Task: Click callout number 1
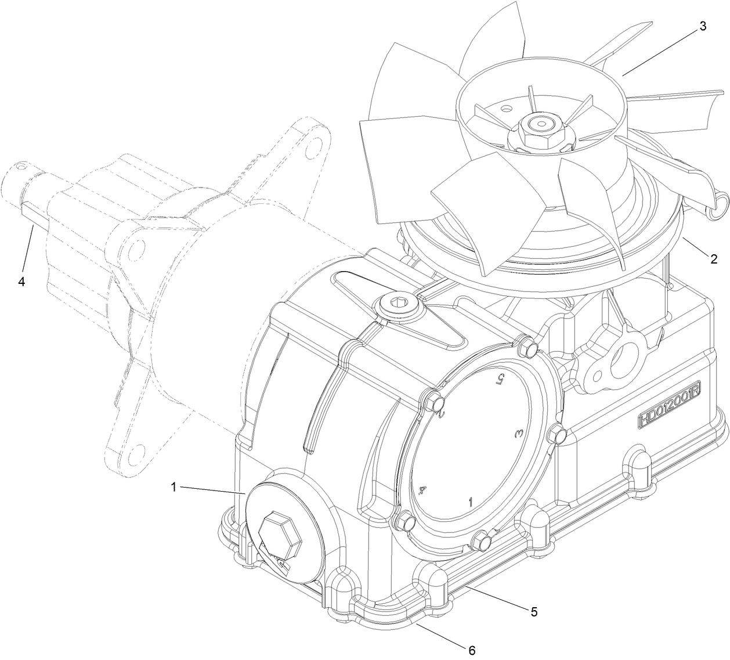coord(174,487)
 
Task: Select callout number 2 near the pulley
coord(713,259)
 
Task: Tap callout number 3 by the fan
coord(702,27)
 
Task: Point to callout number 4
coord(21,282)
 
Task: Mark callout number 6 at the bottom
coord(472,651)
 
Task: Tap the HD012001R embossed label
coord(669,413)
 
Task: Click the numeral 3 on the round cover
coord(519,434)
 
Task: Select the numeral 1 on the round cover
coord(471,501)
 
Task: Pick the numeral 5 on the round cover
coord(497,379)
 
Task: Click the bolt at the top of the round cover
coord(528,349)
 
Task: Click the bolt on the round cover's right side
coord(557,434)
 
